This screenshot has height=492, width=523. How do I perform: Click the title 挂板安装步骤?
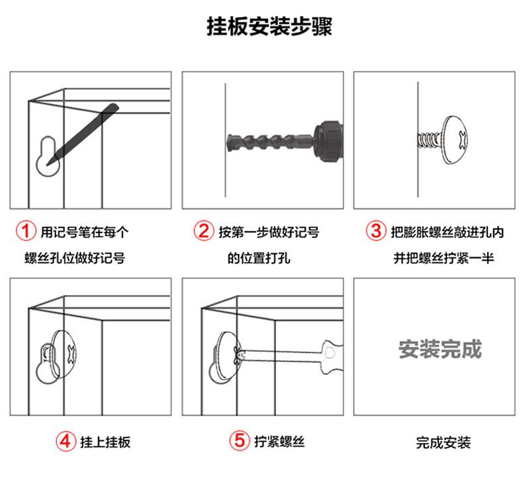coord(269,26)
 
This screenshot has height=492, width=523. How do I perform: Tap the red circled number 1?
coord(26,231)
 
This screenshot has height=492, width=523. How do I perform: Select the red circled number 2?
coord(203,231)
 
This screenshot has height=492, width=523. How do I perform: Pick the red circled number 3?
coord(376,231)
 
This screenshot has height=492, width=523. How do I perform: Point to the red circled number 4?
coord(66,441)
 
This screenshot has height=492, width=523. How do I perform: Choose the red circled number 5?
coord(240,440)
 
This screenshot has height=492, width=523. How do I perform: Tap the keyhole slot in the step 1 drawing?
coord(48,156)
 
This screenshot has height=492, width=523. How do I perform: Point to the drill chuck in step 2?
coord(328,142)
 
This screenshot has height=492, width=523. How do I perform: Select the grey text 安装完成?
coord(440,349)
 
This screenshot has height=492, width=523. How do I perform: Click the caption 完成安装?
coord(444,442)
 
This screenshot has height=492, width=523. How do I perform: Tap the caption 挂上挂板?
coord(105,442)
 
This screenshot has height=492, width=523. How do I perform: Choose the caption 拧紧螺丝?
coord(279,441)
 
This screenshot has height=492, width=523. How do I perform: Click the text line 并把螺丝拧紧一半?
coord(444,258)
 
